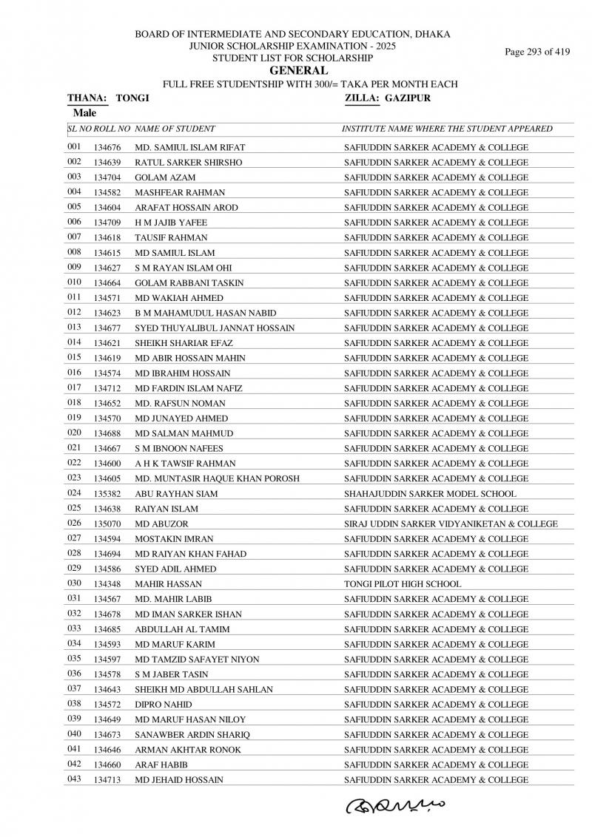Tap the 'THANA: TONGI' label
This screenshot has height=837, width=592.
pos(108,98)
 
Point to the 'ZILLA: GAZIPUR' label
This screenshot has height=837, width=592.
pos(387,98)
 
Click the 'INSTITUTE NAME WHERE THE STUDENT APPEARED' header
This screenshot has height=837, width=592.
pos(447,129)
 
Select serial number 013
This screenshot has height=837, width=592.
pos(73,327)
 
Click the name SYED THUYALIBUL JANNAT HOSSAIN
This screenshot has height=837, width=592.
pos(215,328)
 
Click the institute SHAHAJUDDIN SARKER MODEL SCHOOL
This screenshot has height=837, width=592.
pos(430,493)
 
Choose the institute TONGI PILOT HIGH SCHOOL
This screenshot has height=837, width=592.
pos(403,584)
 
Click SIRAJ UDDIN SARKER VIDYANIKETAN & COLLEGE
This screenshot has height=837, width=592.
pos(451,523)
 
